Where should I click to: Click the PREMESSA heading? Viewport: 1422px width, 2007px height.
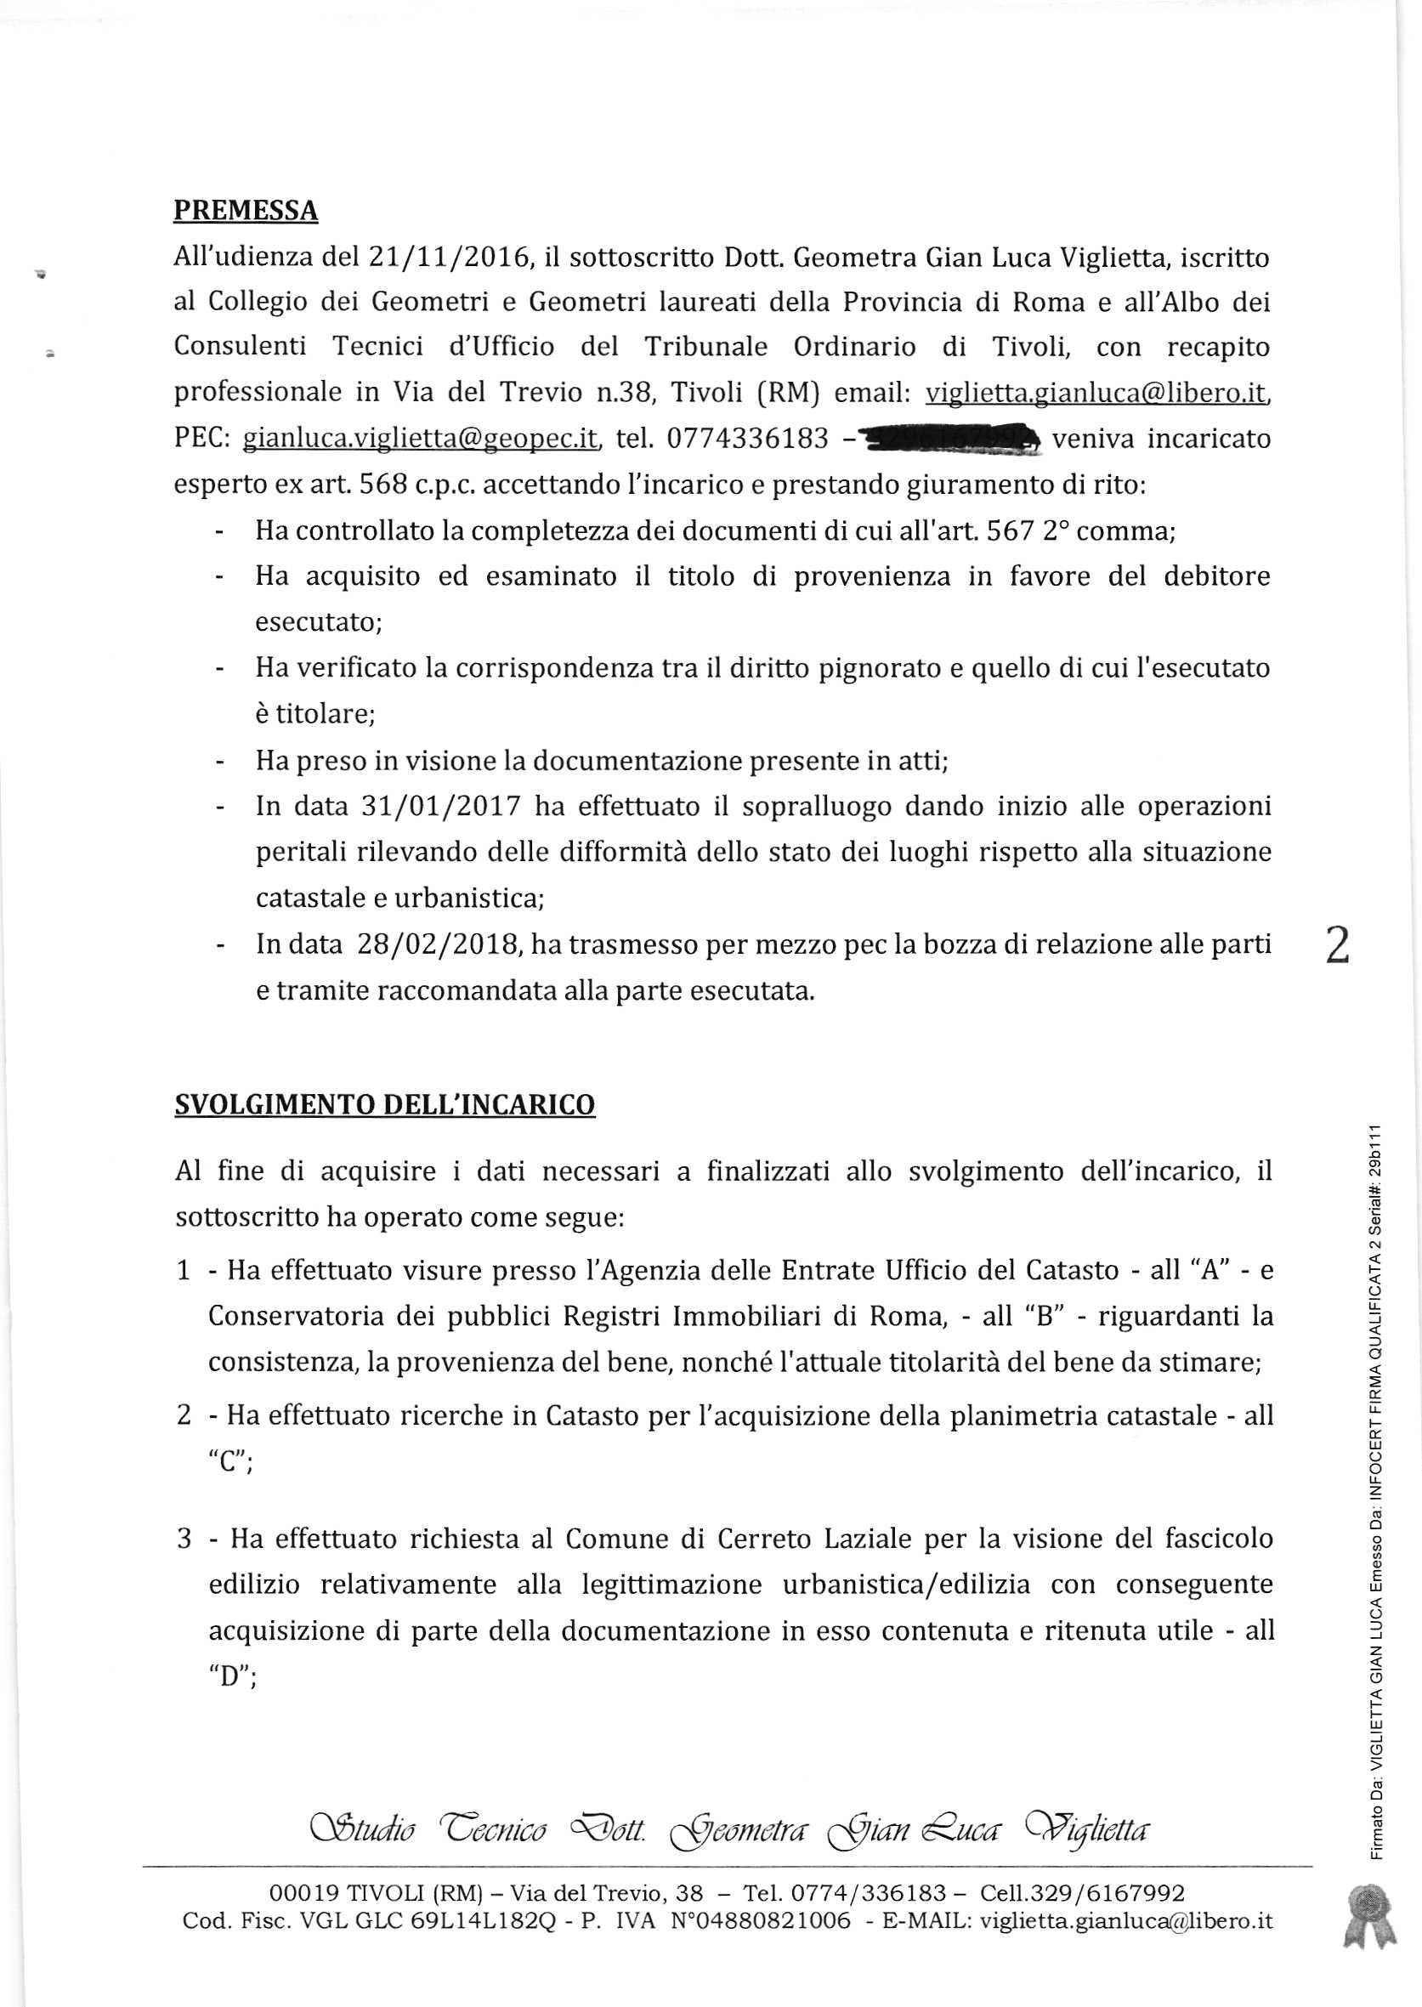click(245, 211)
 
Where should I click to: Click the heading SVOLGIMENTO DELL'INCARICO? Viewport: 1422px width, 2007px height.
click(384, 1104)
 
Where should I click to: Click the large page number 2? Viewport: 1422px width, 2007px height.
click(1337, 947)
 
